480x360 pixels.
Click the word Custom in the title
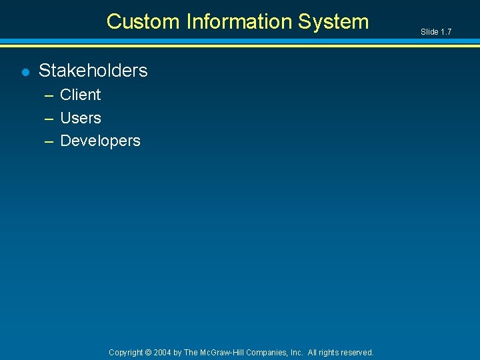tap(143, 21)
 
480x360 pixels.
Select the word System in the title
tap(333, 21)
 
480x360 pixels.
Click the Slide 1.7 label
tap(436, 32)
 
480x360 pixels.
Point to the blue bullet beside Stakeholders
tap(25, 71)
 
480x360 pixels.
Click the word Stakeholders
tap(93, 70)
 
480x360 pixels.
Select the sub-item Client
tap(80, 95)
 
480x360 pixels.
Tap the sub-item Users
tap(81, 118)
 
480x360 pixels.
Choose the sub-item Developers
tap(100, 141)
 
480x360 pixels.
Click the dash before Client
tap(49, 95)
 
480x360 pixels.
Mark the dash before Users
tap(49, 119)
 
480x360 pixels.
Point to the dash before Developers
tap(49, 141)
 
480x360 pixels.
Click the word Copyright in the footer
tap(126, 352)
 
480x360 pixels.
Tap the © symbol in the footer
tap(149, 352)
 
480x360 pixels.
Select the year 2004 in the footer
tap(162, 352)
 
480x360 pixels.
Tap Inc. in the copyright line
tap(297, 352)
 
